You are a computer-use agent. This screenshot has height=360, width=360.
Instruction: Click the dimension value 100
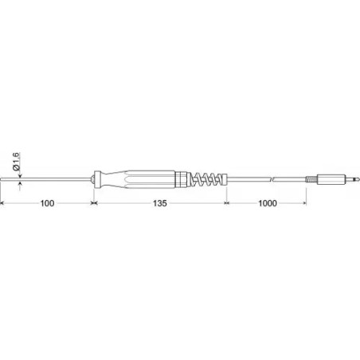tap(47, 205)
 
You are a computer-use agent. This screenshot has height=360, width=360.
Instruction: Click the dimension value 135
tap(158, 205)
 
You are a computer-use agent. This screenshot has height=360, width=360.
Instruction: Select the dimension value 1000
tap(268, 205)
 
